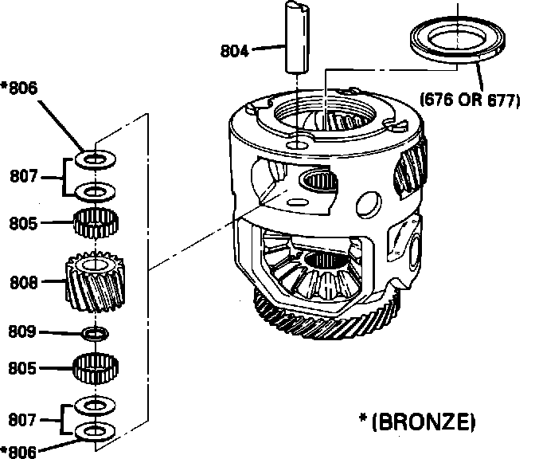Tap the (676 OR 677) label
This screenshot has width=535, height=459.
click(469, 101)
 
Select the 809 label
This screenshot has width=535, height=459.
click(24, 330)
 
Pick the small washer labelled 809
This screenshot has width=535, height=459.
click(95, 331)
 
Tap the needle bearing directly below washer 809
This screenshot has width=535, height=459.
click(96, 368)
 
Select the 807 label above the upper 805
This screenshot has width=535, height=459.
click(24, 176)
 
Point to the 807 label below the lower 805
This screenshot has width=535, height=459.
click(24, 418)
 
